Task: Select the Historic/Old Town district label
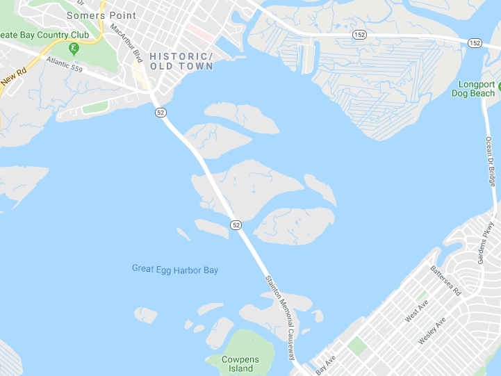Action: [182, 60]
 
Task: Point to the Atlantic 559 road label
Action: [68, 66]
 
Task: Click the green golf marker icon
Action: [74, 49]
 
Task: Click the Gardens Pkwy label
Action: [484, 244]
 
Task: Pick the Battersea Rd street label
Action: [445, 280]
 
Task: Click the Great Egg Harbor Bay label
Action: [174, 269]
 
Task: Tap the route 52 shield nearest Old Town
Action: [161, 113]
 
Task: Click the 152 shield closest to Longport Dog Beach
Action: [475, 43]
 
